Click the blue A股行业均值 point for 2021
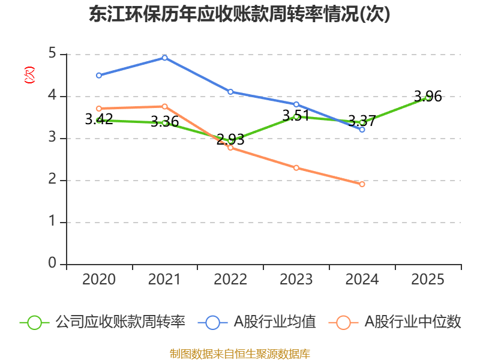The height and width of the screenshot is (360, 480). point(164,58)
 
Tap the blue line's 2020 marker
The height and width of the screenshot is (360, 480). point(99,75)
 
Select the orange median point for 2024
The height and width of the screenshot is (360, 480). point(362,184)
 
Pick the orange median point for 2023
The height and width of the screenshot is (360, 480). point(296,167)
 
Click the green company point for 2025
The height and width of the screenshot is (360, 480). point(428,97)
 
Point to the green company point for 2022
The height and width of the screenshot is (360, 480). point(230,141)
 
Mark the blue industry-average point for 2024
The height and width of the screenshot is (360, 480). point(362,130)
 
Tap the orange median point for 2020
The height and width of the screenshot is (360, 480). point(99,109)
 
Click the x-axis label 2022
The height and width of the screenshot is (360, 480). point(230,280)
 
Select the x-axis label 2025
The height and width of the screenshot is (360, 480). point(428,280)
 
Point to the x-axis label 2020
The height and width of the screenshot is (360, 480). point(99,280)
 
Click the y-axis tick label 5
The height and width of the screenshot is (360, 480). point(52,54)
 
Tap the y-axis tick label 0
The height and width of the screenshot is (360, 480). point(52,264)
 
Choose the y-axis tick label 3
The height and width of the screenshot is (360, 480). point(52,138)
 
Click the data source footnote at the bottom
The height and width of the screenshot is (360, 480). point(240,353)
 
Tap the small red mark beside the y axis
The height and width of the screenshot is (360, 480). point(29,75)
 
